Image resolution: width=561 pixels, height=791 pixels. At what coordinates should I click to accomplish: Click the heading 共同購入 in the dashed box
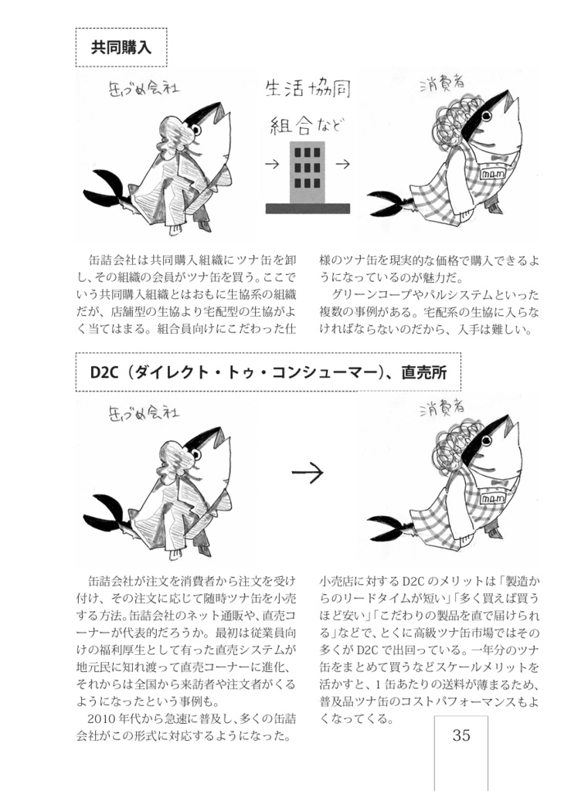click(x=121, y=48)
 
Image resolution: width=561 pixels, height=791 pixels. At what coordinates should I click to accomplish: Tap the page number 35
click(x=461, y=735)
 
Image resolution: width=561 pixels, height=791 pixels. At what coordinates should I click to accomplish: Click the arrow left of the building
click(x=271, y=164)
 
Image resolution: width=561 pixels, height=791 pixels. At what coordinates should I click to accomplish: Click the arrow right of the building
click(x=344, y=164)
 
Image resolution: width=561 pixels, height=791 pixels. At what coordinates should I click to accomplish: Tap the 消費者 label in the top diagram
click(x=440, y=83)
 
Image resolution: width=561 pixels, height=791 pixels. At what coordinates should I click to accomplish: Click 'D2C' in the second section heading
click(x=103, y=372)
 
